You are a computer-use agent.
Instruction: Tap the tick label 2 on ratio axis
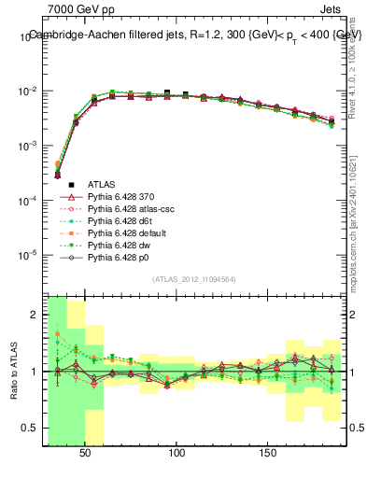(x=33, y=315)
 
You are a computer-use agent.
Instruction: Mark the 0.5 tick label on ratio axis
(x=29, y=429)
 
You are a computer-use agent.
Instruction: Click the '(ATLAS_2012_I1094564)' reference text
(x=194, y=278)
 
